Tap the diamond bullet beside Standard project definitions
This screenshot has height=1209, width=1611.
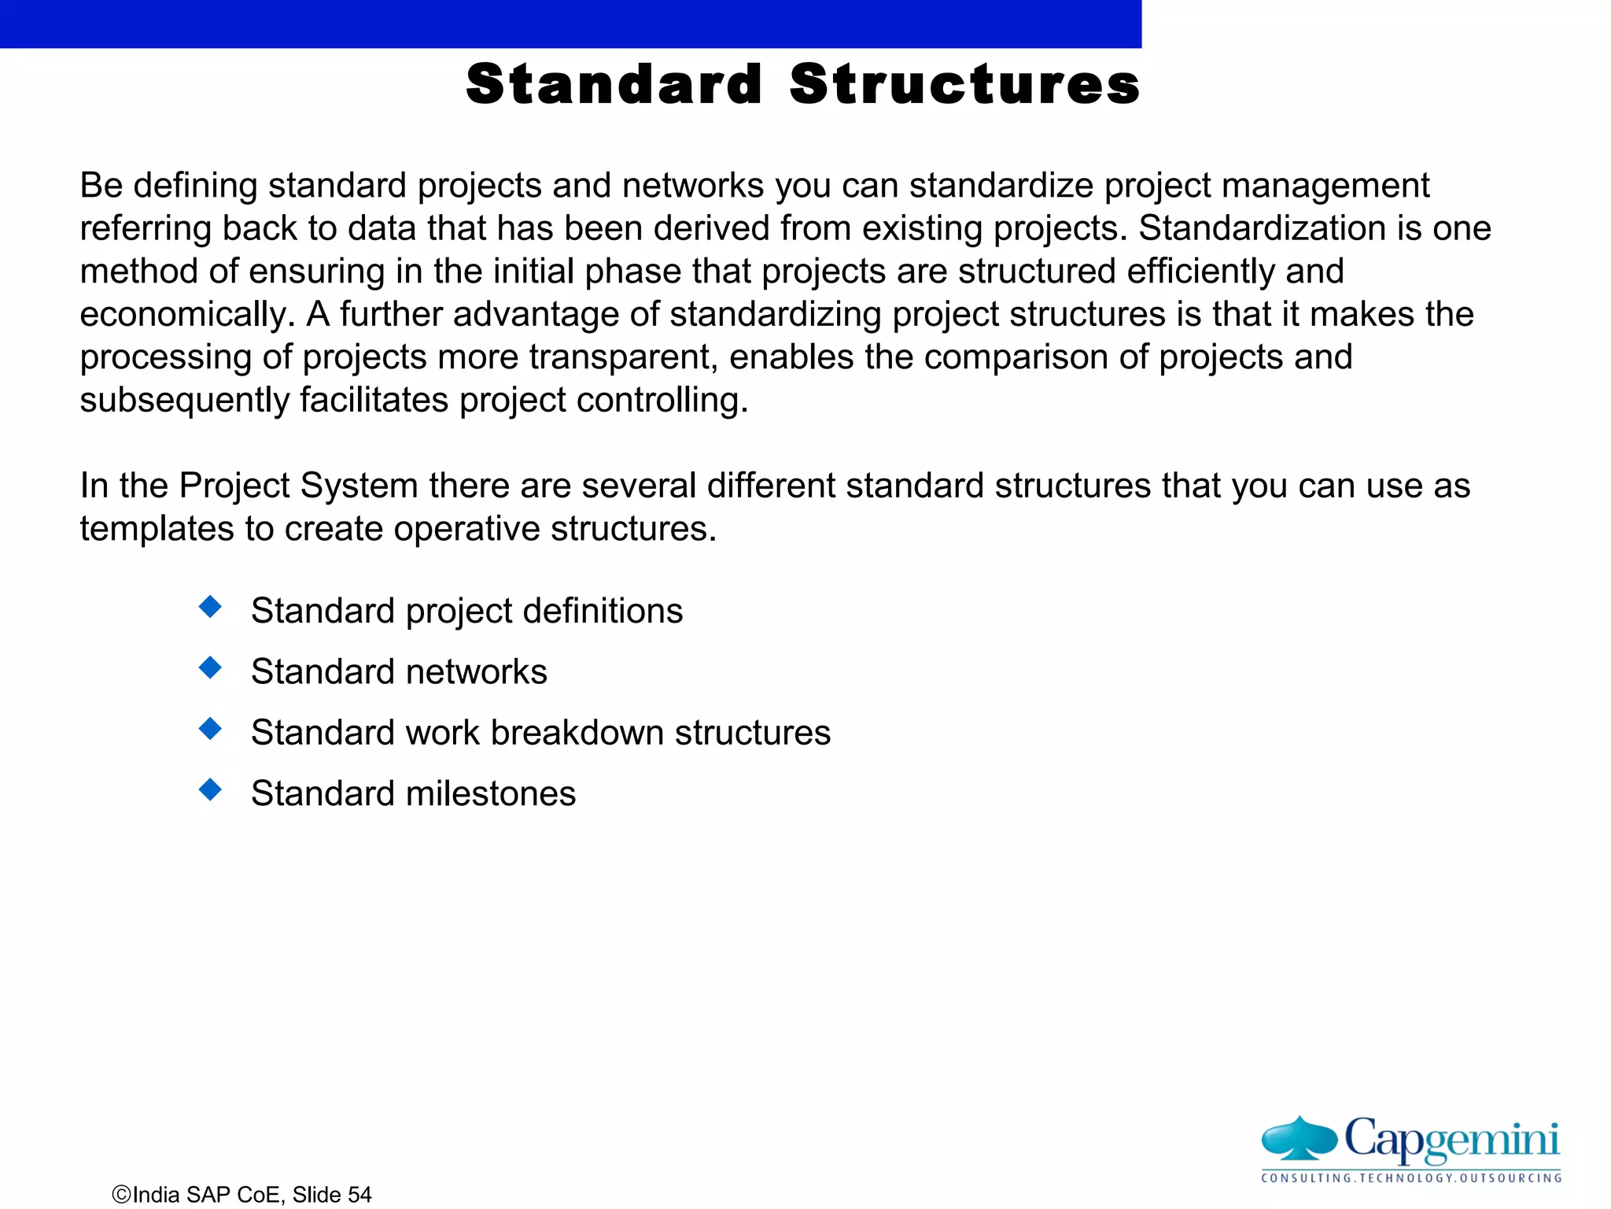[x=210, y=607]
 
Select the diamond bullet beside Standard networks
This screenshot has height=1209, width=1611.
[x=210, y=667]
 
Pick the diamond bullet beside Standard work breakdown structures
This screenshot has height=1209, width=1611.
[x=210, y=728]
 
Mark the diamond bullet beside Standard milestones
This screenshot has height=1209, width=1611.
[x=210, y=789]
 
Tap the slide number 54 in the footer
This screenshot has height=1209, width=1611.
[x=359, y=1195]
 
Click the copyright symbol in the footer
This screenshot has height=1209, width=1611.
[x=122, y=1195]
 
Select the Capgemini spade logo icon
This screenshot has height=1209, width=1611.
[x=1299, y=1139]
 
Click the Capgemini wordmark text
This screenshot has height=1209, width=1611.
[x=1451, y=1139]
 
